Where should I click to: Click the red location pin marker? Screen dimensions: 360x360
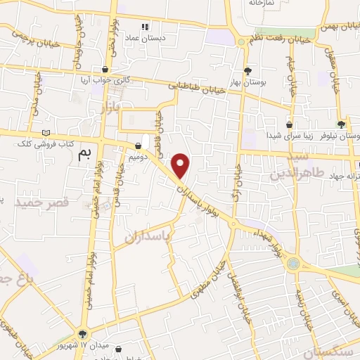[181, 166]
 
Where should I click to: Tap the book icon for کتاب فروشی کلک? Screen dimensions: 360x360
[46, 133]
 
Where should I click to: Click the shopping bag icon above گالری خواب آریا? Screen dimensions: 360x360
[105, 70]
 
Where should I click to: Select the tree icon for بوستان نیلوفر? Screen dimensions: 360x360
[341, 124]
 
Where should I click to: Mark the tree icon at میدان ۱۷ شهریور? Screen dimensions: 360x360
[83, 334]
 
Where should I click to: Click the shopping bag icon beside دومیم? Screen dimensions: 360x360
[139, 146]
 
